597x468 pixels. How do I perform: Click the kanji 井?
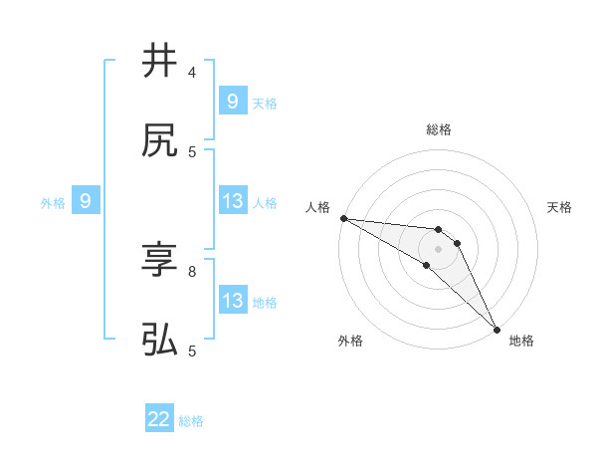pos(159,61)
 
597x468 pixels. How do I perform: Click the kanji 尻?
pos(159,141)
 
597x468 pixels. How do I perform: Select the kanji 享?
pos(159,261)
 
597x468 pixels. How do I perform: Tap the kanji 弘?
pos(159,342)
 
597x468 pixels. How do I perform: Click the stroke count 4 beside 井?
pos(192,73)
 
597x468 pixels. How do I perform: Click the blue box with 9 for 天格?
pos(232,101)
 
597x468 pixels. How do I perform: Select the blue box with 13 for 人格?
pos(232,201)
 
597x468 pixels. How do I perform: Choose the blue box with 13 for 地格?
pos(232,301)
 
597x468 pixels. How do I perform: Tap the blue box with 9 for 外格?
pos(86,201)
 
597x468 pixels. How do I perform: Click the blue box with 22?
pos(159,420)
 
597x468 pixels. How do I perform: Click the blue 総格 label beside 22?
pos(191,421)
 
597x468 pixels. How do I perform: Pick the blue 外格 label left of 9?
pos(53,202)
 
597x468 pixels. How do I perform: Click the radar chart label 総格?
pos(439,129)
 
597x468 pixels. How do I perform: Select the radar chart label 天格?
pos(560,207)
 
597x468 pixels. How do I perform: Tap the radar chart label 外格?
pos(350,341)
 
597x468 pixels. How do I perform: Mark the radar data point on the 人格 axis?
pos(343,218)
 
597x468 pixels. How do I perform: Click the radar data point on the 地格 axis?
pos(497,329)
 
